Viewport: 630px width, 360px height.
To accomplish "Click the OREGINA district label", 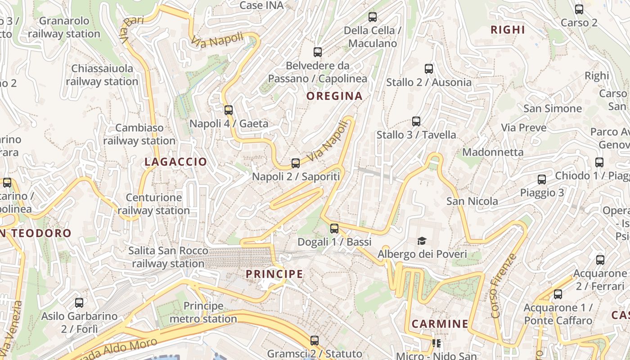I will [334, 96].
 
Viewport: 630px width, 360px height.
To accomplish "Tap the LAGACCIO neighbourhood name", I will [176, 162].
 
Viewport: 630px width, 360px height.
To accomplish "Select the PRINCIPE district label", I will [274, 274].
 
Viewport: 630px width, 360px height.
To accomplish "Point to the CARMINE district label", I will [440, 324].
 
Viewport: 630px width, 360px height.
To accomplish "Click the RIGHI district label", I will [508, 30].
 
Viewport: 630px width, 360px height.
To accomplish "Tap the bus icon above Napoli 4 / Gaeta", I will [229, 110].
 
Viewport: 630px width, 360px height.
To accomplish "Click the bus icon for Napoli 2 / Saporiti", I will [296, 163].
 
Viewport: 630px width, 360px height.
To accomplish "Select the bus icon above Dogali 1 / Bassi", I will [334, 229].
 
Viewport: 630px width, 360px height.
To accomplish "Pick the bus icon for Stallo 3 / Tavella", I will [416, 121].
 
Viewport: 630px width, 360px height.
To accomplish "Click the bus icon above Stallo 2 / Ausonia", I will [429, 69].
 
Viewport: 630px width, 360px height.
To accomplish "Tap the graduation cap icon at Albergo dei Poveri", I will [422, 241].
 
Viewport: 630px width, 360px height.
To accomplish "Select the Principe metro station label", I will [203, 312].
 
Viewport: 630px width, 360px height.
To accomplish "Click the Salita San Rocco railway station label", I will [168, 257].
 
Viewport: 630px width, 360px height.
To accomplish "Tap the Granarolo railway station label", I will [64, 27].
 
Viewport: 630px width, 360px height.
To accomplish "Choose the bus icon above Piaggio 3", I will [542, 180].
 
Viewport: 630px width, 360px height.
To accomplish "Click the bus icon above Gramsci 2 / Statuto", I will [315, 341].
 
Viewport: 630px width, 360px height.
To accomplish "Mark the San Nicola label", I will [472, 201].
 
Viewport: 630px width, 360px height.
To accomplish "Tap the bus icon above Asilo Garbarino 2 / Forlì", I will [79, 303].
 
